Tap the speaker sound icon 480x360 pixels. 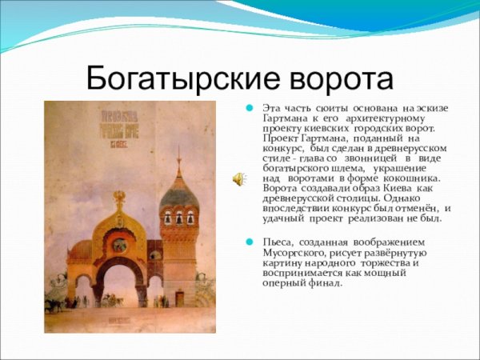[x=238, y=178]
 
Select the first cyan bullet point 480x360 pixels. [x=250, y=107]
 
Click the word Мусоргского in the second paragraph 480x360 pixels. [x=294, y=252]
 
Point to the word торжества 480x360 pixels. [x=383, y=262]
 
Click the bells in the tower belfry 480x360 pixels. [x=178, y=218]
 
